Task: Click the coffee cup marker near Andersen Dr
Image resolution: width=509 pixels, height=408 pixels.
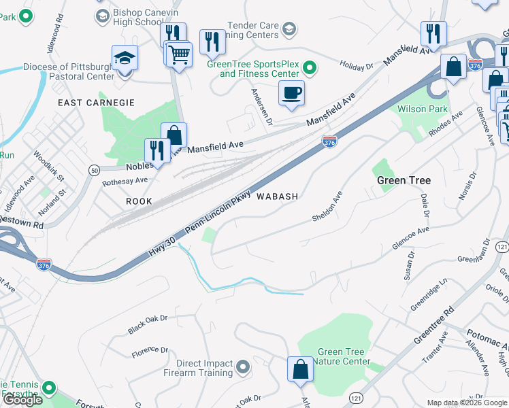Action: pos(292,92)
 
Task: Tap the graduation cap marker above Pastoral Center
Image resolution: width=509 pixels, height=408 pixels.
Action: pos(125,58)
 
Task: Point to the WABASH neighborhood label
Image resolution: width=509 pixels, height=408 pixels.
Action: pos(277,197)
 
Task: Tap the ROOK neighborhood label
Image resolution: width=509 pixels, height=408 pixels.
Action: pos(139,202)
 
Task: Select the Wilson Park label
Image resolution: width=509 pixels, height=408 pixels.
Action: pos(423,109)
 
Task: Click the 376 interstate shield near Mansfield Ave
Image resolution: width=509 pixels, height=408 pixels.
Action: pos(329,141)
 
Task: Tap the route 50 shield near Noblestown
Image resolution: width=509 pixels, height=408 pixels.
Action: pos(94,169)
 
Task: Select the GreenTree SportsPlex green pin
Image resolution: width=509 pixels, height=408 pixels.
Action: pos(310,67)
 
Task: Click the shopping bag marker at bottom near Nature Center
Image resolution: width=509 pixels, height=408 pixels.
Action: pos(300,370)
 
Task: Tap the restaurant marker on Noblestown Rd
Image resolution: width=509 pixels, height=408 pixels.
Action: pos(157,151)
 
